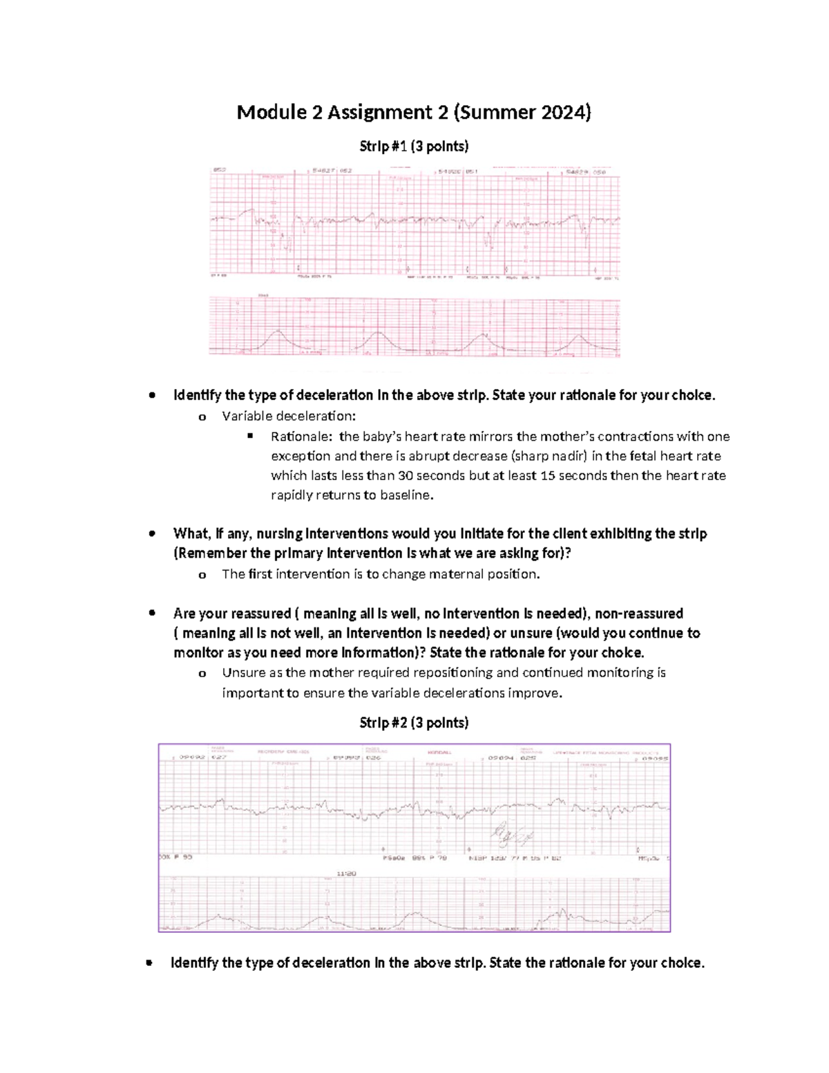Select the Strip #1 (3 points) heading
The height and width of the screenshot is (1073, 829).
pos(414,146)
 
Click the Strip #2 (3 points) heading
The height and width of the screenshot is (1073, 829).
pos(414,723)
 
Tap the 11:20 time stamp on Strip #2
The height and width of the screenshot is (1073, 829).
pos(346,873)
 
